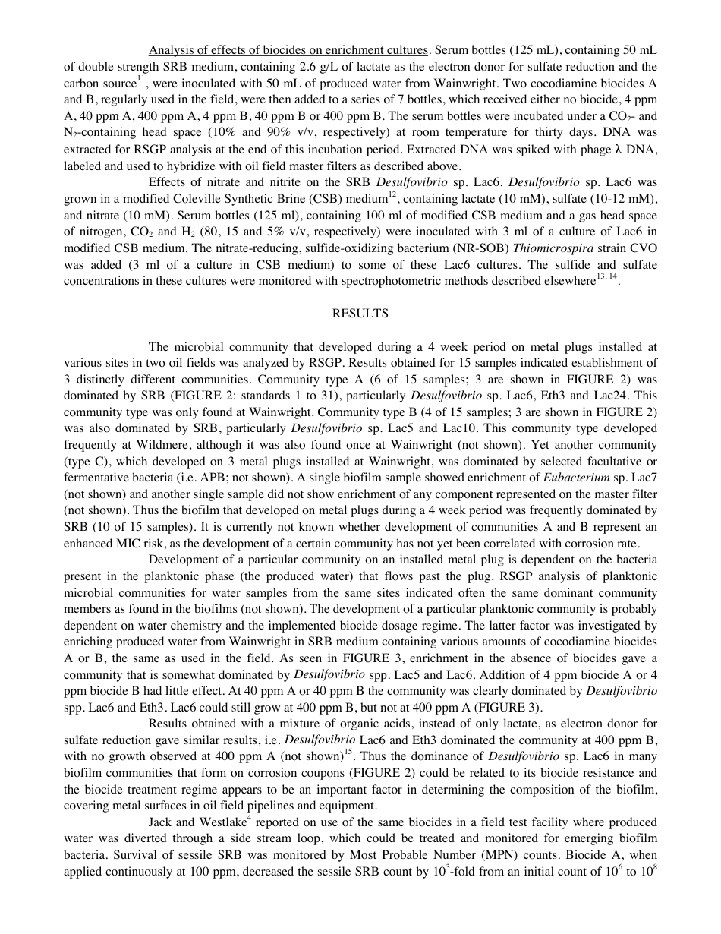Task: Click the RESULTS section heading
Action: [x=360, y=313]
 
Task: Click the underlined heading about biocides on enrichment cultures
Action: [x=288, y=50]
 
